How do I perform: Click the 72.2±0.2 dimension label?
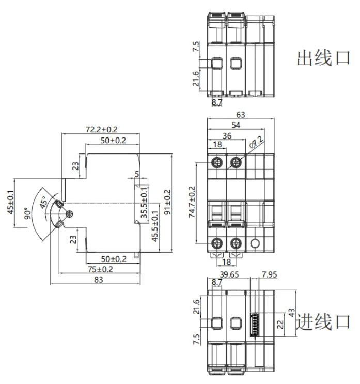101,129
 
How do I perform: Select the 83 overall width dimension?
98,280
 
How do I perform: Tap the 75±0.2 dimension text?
100,269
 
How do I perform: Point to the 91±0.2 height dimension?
167,202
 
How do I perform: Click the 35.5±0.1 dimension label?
144,202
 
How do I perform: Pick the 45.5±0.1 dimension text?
155,226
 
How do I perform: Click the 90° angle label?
27,213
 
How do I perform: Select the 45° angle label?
44,202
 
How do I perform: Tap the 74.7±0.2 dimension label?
192,202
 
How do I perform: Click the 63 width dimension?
241,115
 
